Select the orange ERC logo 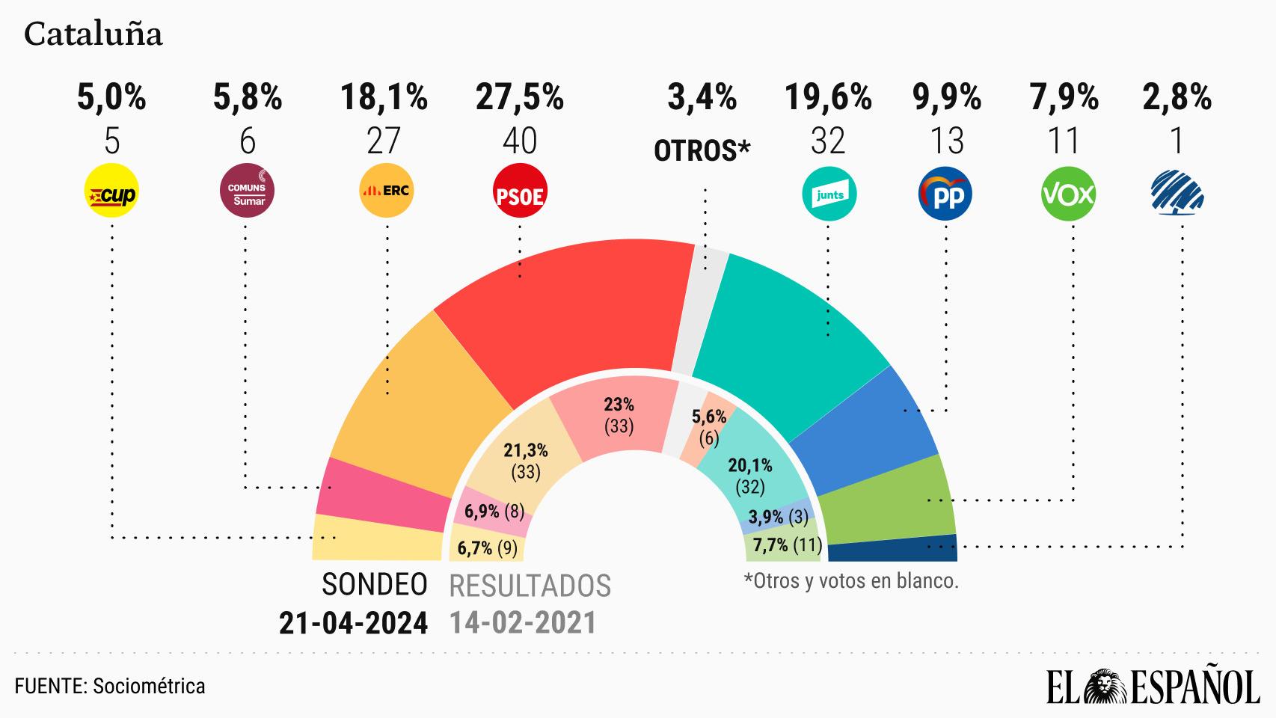[x=386, y=191]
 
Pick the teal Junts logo [x=829, y=194]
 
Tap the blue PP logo [x=945, y=194]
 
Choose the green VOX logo [x=1068, y=194]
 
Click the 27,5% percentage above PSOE [x=520, y=97]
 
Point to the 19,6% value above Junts [x=828, y=97]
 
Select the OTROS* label [x=702, y=151]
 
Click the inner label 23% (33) [x=619, y=415]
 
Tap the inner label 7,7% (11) [x=787, y=545]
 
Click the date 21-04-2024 [x=353, y=622]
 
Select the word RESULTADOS [x=530, y=586]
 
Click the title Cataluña [x=93, y=34]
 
